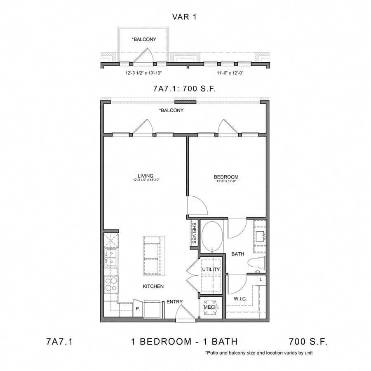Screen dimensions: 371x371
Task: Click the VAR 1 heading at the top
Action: coord(185,16)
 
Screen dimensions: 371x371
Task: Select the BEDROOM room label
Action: coord(226,177)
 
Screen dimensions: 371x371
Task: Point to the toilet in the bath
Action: coord(258,263)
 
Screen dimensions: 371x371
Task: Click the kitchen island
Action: coord(153,256)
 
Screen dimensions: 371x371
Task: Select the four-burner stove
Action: coord(110,284)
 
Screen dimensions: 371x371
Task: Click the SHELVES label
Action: coord(194,234)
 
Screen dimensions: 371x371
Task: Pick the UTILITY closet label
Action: coord(211,269)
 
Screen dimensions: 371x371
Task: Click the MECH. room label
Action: coord(211,308)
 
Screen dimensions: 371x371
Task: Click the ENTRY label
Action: coord(174,302)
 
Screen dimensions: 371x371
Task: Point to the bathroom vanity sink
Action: coord(259,236)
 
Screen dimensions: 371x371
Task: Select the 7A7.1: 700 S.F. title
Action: coord(185,88)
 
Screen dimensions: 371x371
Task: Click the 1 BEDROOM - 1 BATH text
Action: coord(184,341)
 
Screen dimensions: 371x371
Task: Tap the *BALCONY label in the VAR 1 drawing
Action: coord(143,39)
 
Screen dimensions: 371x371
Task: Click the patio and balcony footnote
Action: coord(261,353)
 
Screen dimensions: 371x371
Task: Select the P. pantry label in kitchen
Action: coord(137,308)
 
